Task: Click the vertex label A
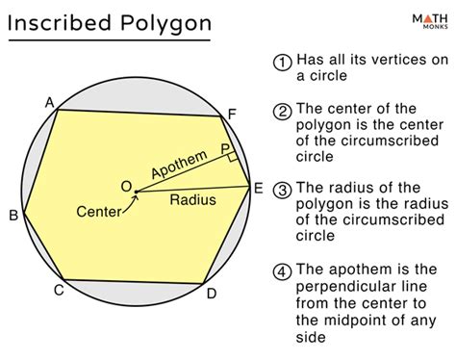point(49,101)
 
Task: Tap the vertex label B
point(13,216)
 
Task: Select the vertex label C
point(58,290)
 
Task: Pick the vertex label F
point(231,115)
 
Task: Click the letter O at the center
point(124,185)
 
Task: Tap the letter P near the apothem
point(225,149)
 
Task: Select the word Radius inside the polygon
point(192,200)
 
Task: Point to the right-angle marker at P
point(232,157)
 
